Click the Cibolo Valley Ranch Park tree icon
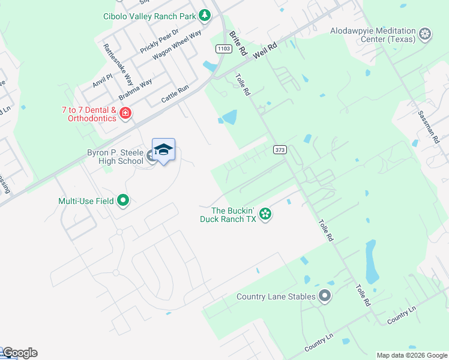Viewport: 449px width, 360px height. tap(205, 14)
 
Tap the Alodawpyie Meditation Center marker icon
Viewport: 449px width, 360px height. tap(426, 34)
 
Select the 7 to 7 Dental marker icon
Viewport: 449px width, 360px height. tap(125, 113)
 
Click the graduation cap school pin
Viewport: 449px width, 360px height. tap(163, 150)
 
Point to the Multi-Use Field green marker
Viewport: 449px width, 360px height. tap(123, 200)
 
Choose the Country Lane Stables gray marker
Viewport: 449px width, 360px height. tap(325, 296)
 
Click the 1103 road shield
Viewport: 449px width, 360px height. tap(222, 48)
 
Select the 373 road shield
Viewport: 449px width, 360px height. tap(279, 149)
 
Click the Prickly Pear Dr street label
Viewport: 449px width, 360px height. tap(159, 41)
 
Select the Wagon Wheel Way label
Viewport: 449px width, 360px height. tap(176, 44)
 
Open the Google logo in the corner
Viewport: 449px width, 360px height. tap(19, 353)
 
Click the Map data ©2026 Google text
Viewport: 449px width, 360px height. tap(411, 355)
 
